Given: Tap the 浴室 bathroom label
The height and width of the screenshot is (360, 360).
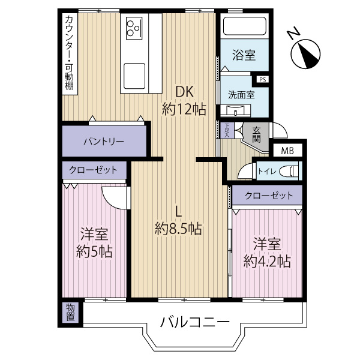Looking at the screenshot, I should [243, 56].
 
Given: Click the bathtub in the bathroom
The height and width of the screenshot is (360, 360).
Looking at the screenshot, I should [244, 27].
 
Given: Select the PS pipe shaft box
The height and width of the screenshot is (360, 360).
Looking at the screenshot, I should [262, 79].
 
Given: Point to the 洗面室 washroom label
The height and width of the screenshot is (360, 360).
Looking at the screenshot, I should [241, 94].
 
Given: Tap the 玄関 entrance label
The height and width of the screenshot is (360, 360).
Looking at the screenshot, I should [256, 134].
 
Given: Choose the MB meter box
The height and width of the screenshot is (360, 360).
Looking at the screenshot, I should [287, 150].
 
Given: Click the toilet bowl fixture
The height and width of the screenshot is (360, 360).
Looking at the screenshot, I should [289, 171].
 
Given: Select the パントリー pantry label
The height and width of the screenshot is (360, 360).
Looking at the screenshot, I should [103, 142].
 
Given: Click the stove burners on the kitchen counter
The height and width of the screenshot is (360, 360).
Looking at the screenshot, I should [133, 27].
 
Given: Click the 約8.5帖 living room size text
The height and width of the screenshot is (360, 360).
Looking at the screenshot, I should [178, 228].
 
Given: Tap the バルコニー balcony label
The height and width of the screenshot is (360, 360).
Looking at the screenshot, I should [194, 322].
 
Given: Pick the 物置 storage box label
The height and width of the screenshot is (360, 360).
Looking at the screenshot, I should [70, 312].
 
